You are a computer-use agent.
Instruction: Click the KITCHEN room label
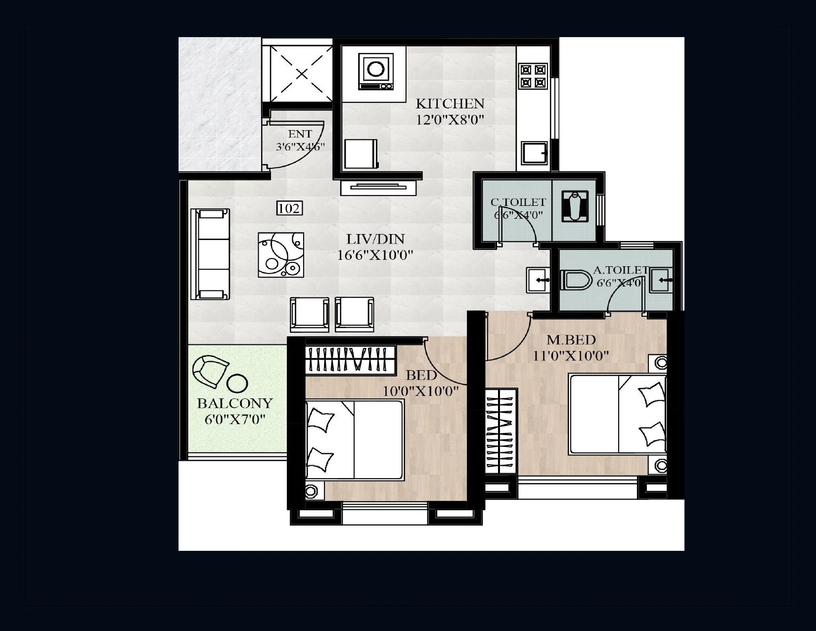coord(450,103)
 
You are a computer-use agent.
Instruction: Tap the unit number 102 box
coord(289,208)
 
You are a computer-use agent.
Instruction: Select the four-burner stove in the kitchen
coord(533,76)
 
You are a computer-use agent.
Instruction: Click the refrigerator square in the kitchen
coord(361,154)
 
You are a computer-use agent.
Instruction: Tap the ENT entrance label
coord(300,134)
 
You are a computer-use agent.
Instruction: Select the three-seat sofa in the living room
coord(211,254)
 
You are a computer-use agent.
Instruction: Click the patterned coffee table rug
coord(281,255)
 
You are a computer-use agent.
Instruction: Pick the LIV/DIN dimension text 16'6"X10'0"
coord(375,255)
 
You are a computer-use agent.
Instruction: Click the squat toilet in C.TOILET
coord(575,206)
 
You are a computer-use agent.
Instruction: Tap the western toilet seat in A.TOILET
coord(577,281)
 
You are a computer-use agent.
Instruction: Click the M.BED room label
coord(571,340)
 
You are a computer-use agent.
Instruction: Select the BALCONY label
coord(235,403)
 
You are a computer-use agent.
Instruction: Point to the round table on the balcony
coord(237,383)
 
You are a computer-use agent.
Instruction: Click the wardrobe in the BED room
coord(351,360)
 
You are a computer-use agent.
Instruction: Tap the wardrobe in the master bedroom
coord(501,430)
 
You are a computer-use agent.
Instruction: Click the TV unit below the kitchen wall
coord(378,187)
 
